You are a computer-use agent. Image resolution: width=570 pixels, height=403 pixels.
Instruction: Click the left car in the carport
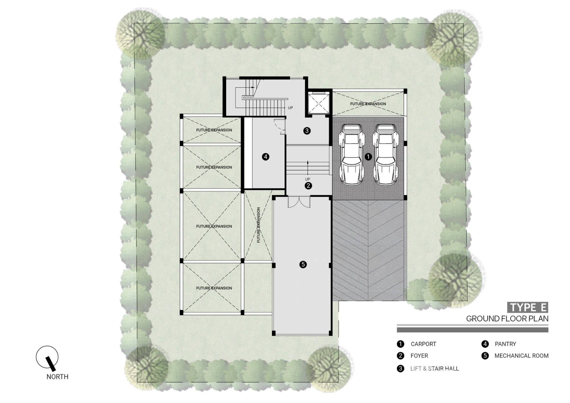coord(352,154)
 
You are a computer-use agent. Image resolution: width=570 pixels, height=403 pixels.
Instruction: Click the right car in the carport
coord(385,154)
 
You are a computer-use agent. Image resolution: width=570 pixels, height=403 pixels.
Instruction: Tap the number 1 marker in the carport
coord(368,157)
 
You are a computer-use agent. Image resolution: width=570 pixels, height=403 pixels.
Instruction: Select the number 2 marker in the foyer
coord(308,186)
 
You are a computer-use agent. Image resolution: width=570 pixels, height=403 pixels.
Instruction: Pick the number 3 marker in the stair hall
coord(307,131)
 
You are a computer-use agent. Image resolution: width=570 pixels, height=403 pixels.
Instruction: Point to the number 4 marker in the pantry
coord(266,157)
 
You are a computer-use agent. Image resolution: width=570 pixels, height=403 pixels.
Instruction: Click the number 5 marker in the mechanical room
coord(303,264)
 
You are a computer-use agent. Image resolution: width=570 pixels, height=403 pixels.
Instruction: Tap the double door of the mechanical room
coord(299,202)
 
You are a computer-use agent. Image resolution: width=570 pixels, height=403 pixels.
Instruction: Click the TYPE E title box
coord(527,308)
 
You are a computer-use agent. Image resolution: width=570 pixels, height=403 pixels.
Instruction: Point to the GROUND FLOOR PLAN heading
coord(507,319)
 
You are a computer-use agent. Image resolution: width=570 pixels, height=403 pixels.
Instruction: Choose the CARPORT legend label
coord(423,344)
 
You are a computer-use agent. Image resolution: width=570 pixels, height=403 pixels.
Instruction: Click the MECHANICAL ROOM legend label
coord(521,356)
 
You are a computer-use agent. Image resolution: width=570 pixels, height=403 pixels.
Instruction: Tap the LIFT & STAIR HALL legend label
coord(434,368)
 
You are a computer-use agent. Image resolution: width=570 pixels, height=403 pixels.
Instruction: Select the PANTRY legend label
coord(505,344)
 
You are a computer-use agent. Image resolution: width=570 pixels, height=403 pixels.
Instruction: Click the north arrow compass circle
coord(47,357)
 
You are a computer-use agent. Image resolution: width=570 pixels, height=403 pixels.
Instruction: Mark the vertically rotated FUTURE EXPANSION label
coord(259,225)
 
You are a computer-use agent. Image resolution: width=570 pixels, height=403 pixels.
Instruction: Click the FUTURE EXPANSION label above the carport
coord(368,104)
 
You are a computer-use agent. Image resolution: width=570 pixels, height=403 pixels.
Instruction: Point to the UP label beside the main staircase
coord(290,108)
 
